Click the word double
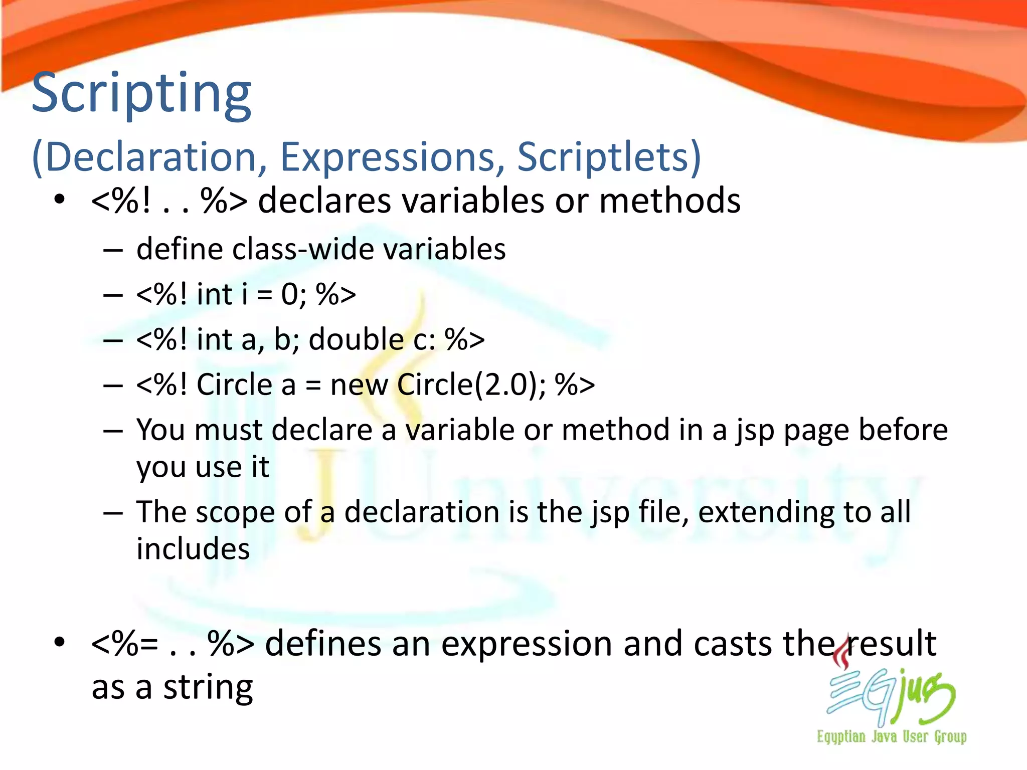pos(356,339)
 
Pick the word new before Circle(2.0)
pos(359,385)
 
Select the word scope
pos(235,512)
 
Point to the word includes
pos(193,548)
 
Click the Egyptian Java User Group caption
pos(891,736)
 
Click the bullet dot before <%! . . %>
pos(60,200)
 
